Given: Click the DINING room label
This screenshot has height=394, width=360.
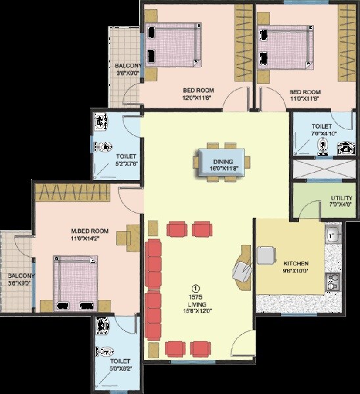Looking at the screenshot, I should point(219,160).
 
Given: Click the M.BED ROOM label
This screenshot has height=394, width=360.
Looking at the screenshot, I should point(90,231).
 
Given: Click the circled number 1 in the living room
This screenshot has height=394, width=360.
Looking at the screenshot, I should point(194,288).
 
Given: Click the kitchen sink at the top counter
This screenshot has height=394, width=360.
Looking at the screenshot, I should point(333,234).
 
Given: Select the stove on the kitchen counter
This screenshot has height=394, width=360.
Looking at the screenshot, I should point(333,282).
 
